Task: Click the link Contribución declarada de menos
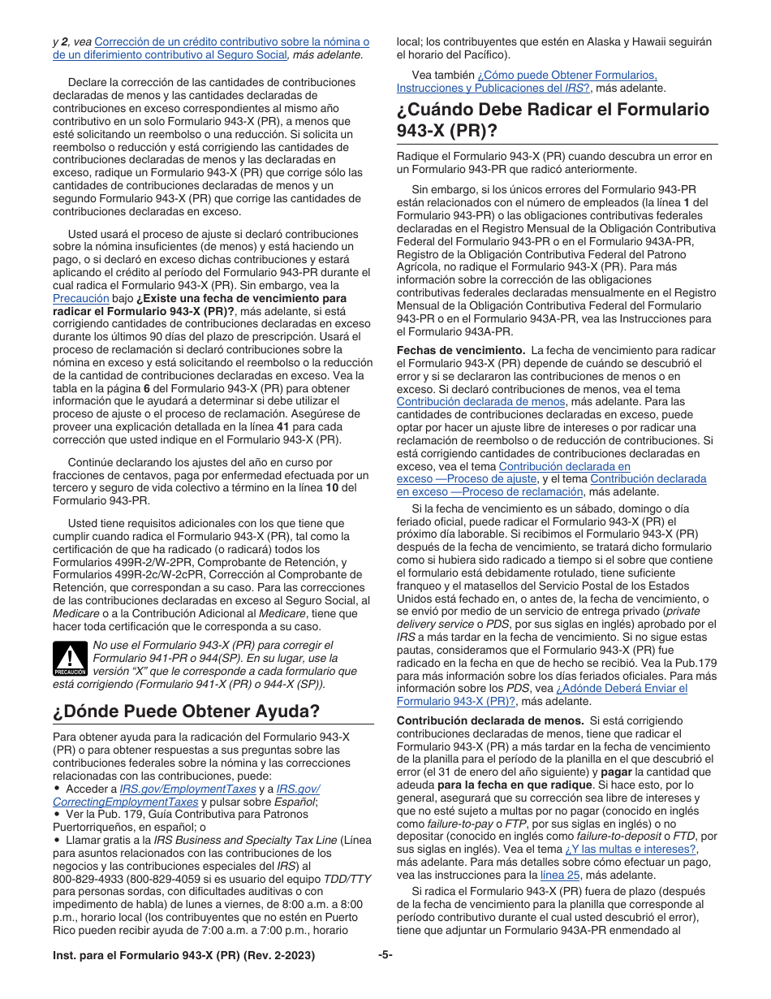480,401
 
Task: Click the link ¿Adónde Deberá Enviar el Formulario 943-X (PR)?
622,688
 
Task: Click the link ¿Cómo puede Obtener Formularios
567,75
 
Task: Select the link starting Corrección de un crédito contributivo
231,41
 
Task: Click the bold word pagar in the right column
617,772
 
